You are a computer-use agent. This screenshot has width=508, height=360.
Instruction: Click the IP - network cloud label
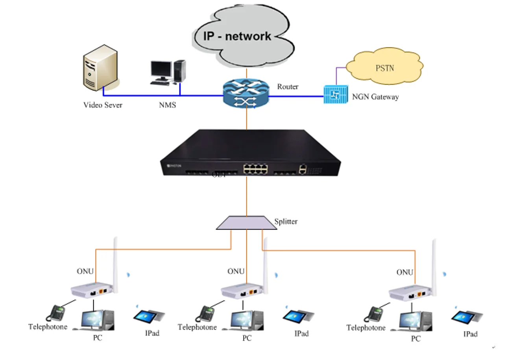point(237,36)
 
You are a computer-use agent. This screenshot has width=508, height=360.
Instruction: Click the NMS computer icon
point(168,71)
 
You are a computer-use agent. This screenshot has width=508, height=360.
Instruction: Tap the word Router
point(288,87)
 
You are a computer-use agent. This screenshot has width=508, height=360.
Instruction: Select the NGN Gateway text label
point(375,96)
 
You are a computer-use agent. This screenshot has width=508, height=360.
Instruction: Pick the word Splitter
point(286,222)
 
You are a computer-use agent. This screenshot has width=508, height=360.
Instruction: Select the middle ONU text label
point(236,271)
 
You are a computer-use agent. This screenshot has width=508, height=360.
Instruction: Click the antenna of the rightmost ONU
point(435,264)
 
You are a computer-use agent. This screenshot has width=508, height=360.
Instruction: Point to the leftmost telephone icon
point(56,313)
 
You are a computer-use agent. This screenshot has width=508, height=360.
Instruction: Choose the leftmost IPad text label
point(152,333)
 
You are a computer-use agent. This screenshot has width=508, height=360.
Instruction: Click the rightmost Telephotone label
point(366,328)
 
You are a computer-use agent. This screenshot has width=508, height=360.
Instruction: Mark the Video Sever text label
point(103,105)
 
